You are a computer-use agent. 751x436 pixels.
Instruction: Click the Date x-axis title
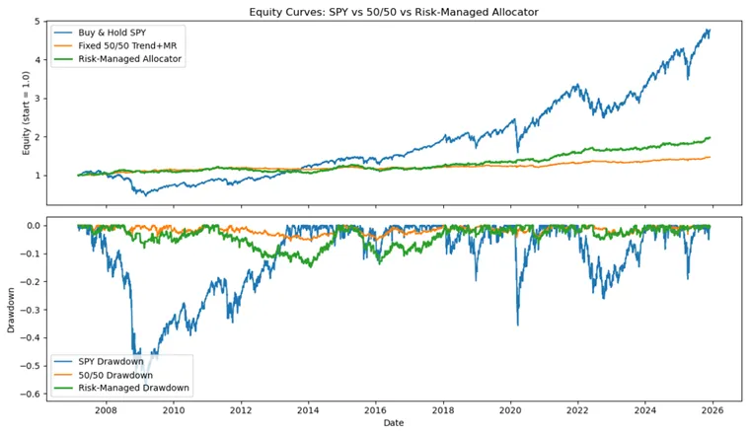click(x=393, y=423)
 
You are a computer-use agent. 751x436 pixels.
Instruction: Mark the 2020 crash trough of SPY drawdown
click(x=518, y=325)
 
